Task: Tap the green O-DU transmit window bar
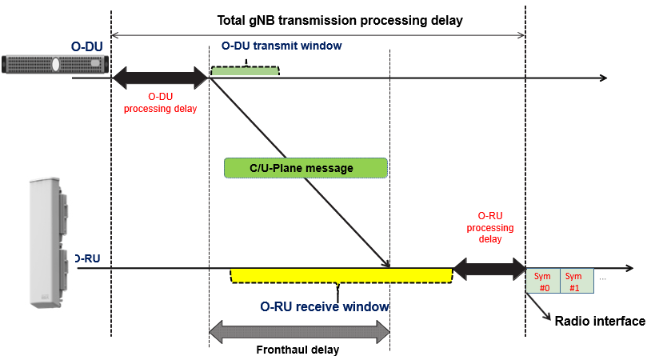click(x=245, y=71)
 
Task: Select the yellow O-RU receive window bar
click(x=341, y=274)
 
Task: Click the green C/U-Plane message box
click(x=306, y=167)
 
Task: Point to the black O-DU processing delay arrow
click(x=160, y=78)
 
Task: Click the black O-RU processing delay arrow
click(x=489, y=268)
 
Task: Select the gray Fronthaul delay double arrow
click(x=299, y=330)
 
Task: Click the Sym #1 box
click(x=576, y=281)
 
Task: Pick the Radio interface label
click(x=600, y=321)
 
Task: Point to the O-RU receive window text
click(x=325, y=306)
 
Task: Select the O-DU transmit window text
click(x=281, y=46)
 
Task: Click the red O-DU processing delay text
click(x=161, y=102)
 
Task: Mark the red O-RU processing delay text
click(x=489, y=227)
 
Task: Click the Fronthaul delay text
click(x=298, y=350)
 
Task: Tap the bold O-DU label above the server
click(x=87, y=46)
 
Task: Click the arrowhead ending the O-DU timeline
click(x=603, y=78)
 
